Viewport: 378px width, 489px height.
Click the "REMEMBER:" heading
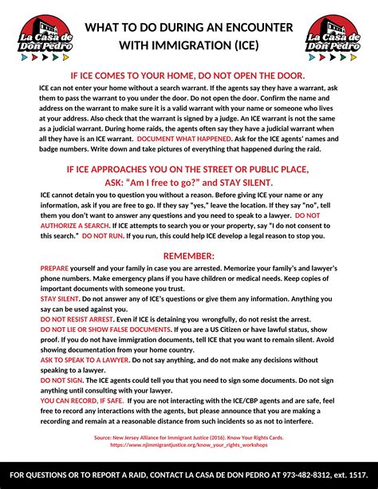[x=188, y=256]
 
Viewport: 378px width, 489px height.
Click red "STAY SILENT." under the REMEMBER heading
[x=58, y=298]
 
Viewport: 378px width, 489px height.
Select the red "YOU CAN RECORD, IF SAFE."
[x=79, y=401]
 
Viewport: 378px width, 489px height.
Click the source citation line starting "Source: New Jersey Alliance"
[x=188, y=437]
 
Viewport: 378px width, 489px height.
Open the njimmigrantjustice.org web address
[x=188, y=444]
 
